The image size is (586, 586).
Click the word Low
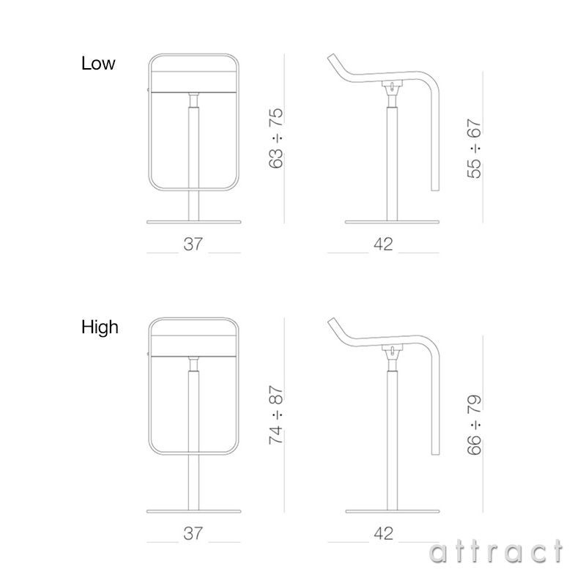(98, 63)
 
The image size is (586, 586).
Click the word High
(100, 327)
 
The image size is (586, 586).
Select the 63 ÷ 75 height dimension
(276, 138)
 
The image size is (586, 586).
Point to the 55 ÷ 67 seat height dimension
(474, 149)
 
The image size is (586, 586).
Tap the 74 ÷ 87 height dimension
(276, 415)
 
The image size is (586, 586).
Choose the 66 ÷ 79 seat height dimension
(474, 425)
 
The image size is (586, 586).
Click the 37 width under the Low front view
(193, 244)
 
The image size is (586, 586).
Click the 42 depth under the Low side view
(383, 244)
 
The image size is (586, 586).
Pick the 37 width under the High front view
(193, 533)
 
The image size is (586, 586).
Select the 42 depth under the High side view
(383, 533)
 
